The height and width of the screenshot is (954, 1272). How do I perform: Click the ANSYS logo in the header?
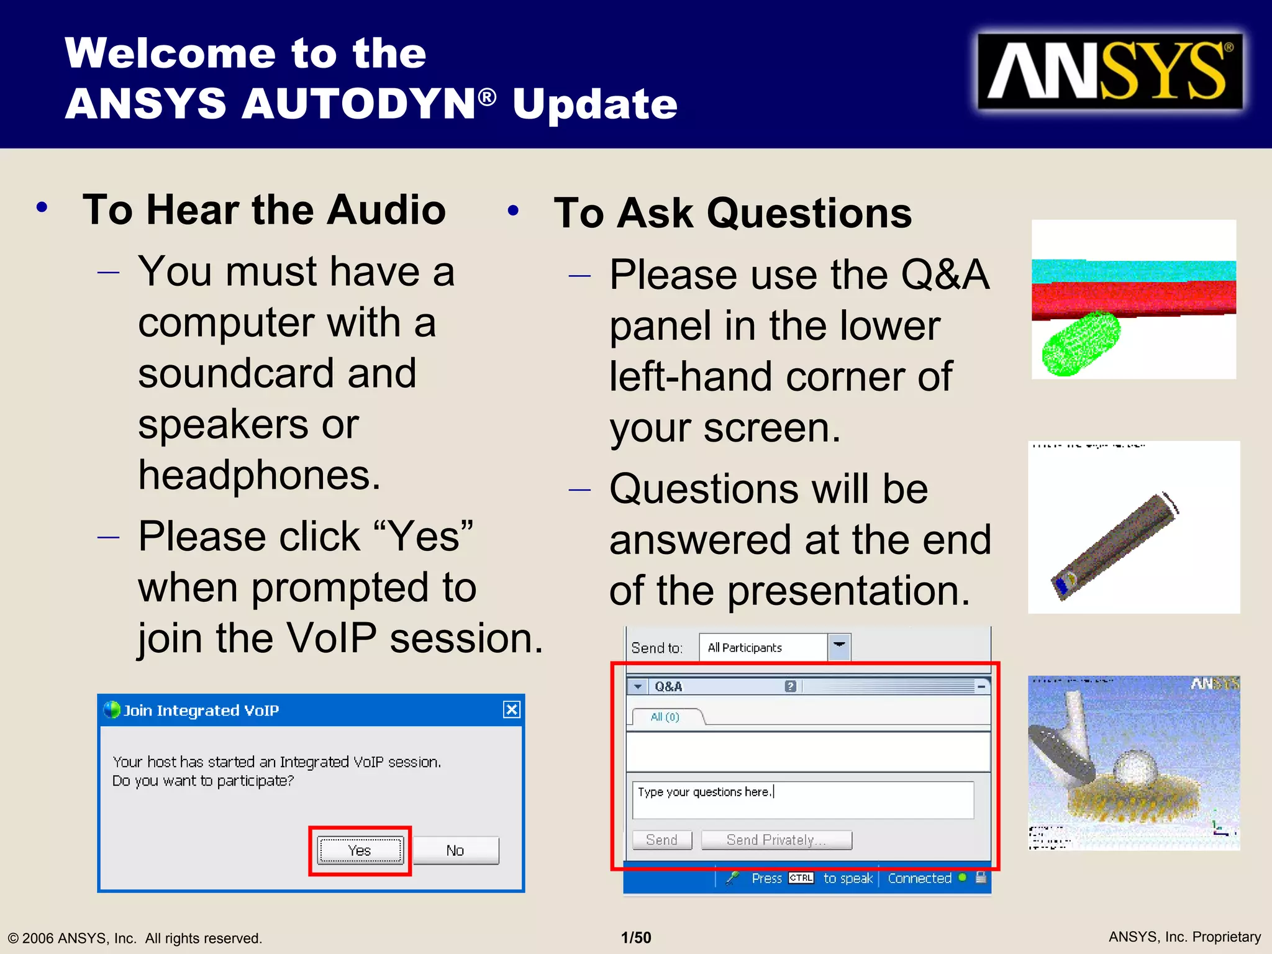click(1109, 72)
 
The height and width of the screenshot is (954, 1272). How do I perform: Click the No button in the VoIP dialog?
click(455, 850)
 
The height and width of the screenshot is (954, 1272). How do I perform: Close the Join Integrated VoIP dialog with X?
click(511, 709)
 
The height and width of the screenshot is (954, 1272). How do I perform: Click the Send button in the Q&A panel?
click(661, 840)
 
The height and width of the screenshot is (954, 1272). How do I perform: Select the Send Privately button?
click(776, 840)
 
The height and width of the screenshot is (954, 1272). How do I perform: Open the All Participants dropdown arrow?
click(839, 647)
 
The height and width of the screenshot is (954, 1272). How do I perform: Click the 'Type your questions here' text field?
click(802, 800)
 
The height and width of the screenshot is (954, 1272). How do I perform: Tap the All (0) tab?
click(665, 717)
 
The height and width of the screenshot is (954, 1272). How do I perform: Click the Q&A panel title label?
click(668, 686)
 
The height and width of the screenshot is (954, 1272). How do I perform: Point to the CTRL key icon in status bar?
click(801, 878)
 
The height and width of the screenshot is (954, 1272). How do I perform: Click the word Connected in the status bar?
click(919, 878)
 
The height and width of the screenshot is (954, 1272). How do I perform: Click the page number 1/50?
click(636, 937)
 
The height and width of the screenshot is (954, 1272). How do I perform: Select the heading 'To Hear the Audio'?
click(264, 210)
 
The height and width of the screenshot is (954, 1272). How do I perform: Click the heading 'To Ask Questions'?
click(732, 214)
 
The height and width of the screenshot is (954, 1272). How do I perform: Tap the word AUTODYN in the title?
click(359, 104)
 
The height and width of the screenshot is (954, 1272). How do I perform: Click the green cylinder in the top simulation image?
click(1081, 343)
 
